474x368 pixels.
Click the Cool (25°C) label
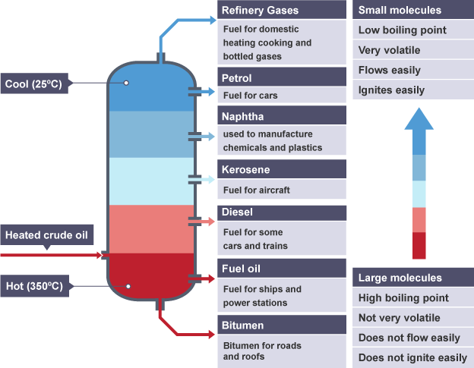(36, 83)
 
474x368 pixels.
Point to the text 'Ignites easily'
(391, 90)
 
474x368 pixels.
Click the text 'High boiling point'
(403, 298)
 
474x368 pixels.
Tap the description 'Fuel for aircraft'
(257, 190)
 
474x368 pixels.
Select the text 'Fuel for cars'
(251, 96)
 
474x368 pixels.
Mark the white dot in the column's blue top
(127, 83)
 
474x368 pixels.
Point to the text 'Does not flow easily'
(409, 338)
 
